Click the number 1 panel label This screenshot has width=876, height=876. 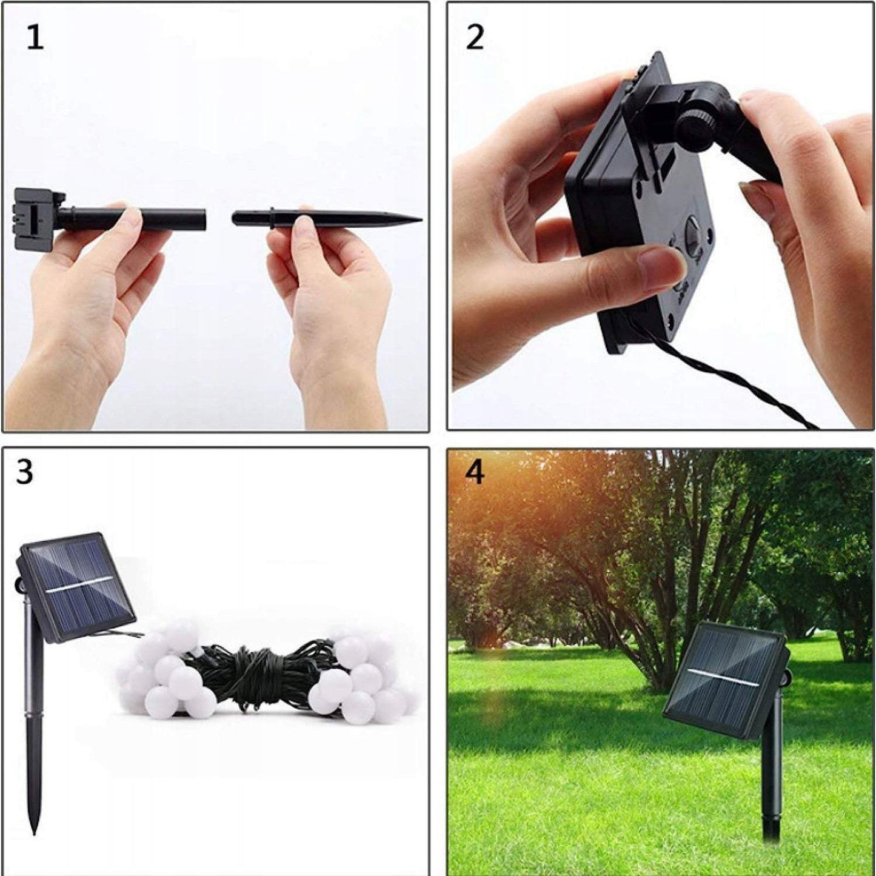point(35,38)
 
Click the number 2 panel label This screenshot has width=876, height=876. point(475,38)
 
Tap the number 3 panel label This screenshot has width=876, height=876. point(24,472)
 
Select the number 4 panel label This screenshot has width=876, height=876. point(475,472)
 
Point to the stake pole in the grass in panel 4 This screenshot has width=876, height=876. point(771,788)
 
